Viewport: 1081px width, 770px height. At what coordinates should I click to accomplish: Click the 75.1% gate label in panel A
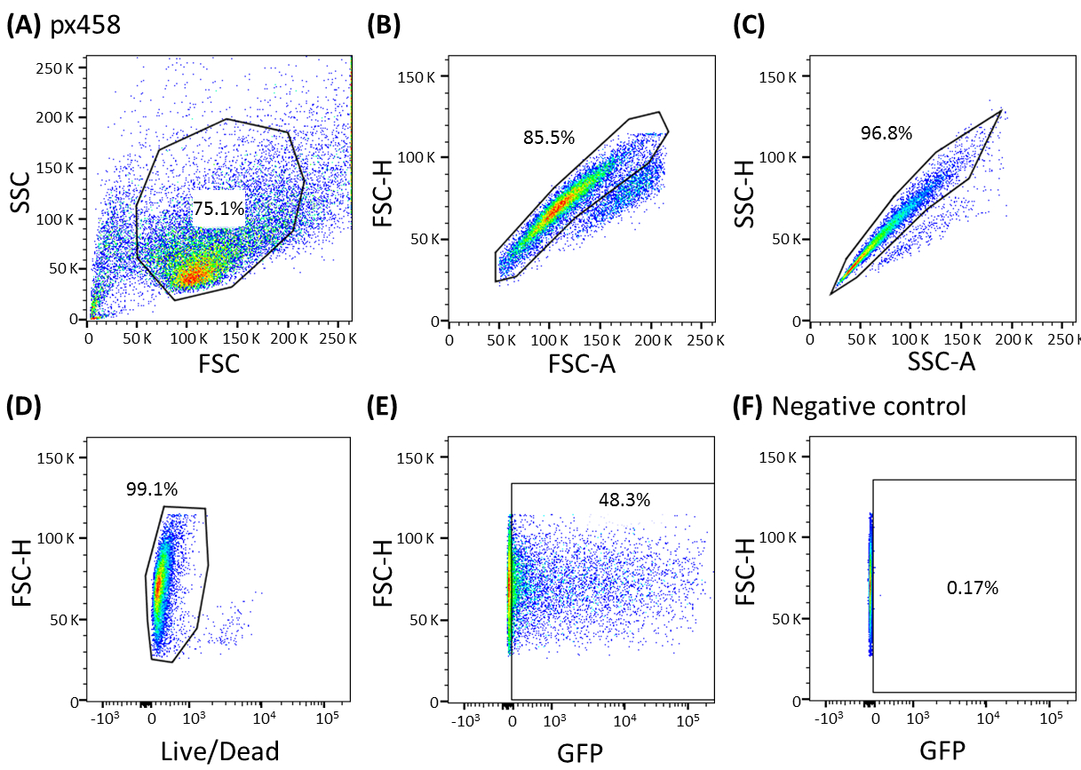click(x=219, y=210)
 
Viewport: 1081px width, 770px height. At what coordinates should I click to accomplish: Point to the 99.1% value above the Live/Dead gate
click(x=152, y=489)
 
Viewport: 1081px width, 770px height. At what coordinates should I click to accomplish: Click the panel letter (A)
click(x=23, y=25)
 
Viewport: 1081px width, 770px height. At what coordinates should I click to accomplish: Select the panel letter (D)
click(x=23, y=406)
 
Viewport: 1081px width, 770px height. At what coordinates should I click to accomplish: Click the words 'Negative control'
click(x=869, y=407)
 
